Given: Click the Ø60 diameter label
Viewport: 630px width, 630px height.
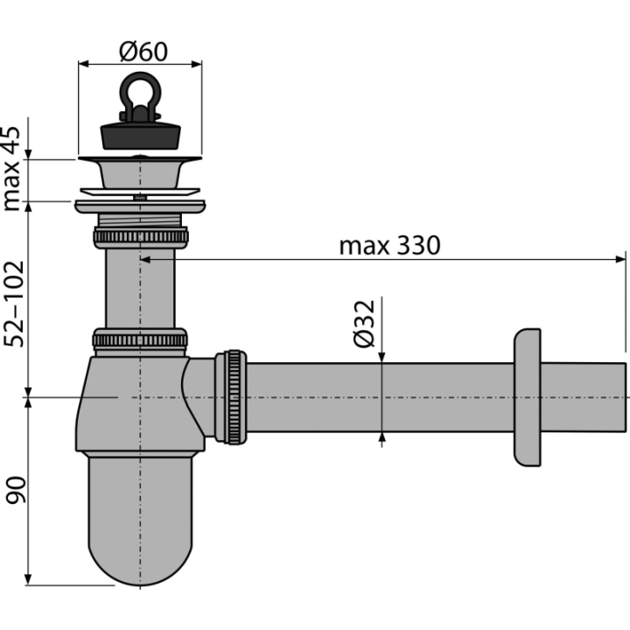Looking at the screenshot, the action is pos(143,52).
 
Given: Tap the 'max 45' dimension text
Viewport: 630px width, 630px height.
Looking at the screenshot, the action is pos(11,168).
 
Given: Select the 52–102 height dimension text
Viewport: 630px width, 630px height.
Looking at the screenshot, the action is pos(14,304).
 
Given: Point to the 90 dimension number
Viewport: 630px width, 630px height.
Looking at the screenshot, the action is pos(15,490).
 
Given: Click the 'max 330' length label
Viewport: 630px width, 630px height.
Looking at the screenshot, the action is pos(389,246).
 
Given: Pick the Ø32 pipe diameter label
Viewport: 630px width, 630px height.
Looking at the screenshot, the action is pos(364,324).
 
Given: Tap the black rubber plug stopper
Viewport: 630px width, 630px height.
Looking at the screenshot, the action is pos(140,136).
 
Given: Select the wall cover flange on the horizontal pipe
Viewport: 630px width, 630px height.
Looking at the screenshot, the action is pos(527,397).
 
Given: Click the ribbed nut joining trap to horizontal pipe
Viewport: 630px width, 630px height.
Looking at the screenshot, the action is pos(231,397).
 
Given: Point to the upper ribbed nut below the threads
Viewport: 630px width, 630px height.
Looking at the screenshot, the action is pos(141,237).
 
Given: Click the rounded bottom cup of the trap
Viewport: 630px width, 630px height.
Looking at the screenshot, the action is pos(140,518).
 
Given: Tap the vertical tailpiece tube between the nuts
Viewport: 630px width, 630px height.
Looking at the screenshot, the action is pos(140,289).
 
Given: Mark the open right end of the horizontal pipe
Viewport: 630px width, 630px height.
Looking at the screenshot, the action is pos(625,397).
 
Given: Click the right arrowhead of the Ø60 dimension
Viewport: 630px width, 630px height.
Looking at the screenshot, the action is pos(196,64).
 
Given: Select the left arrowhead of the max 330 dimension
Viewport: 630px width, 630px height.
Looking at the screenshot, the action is pos(145,260).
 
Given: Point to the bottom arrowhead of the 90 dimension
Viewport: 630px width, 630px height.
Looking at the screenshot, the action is pos(28,579).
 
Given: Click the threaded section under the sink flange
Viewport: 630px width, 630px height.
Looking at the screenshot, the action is pos(140,220).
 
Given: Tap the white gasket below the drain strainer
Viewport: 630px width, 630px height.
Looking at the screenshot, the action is pos(140,192).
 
